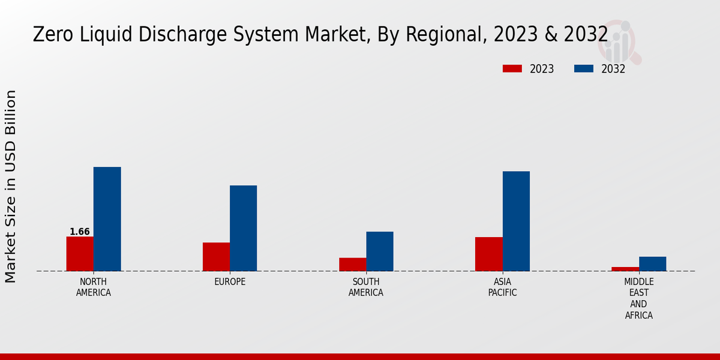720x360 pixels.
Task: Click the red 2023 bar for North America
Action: coord(80,254)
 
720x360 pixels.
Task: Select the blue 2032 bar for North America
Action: coord(107,219)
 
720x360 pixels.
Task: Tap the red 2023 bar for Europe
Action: coord(216,257)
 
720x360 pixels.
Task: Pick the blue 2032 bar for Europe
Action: coord(243,228)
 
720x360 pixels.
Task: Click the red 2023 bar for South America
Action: coord(352,265)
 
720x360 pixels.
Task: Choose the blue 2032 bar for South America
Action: coord(380,251)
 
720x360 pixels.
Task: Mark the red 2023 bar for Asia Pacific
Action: coord(488,254)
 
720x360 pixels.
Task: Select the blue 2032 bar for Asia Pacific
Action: coord(516,221)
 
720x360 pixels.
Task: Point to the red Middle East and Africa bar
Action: coord(625,269)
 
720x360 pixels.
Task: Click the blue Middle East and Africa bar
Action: coord(652,264)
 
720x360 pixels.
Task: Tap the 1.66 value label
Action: coord(80,232)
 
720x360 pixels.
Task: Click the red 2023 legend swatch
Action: coord(512,69)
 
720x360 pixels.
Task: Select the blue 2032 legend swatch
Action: coord(583,69)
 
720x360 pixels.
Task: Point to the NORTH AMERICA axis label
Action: coord(94,287)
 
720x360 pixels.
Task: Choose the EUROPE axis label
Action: coord(230,282)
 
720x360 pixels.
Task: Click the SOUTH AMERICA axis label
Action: coord(366,287)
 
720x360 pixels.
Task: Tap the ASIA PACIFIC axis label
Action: coord(502,287)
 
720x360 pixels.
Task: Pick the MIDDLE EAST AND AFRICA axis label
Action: coord(639,298)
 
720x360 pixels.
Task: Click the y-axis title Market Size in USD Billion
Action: coord(11,186)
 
